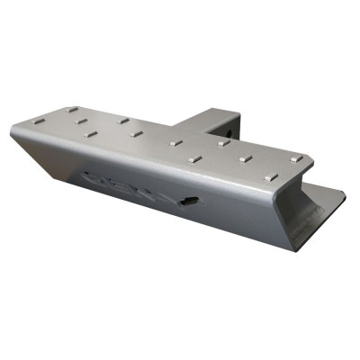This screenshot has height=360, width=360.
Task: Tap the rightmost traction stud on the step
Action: point(296,158)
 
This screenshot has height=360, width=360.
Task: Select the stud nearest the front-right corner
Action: point(269,178)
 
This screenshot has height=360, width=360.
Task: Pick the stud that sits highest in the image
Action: point(73,111)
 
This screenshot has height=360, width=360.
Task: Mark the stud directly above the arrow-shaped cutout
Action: point(194,160)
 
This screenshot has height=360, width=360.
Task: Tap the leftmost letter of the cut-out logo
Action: point(95,175)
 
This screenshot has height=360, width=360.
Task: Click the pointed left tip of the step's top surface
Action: point(13,133)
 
